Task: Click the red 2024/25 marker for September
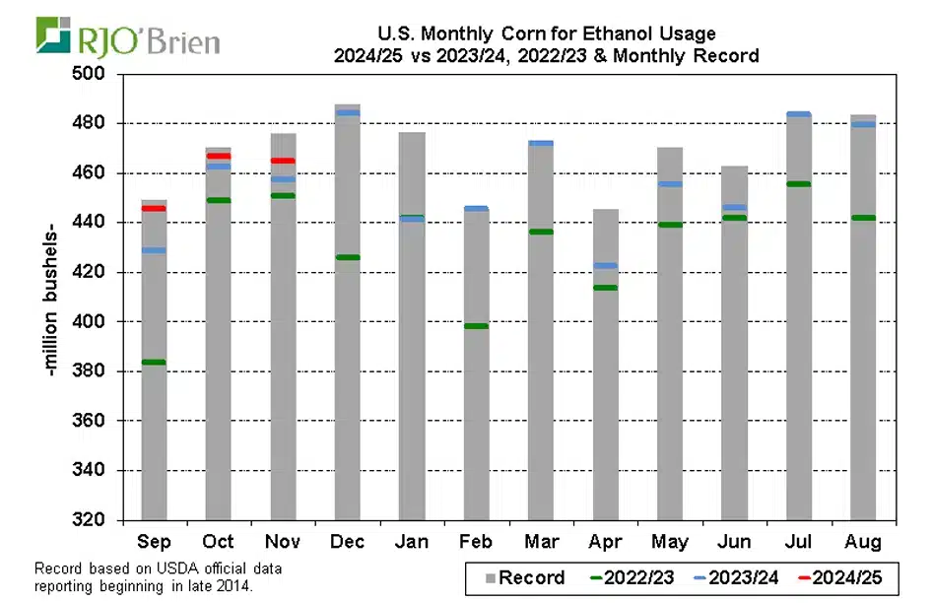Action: click(154, 208)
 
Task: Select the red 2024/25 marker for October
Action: click(219, 156)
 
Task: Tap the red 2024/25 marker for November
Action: click(283, 161)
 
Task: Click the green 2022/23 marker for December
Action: click(347, 257)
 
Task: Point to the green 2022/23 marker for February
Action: click(476, 325)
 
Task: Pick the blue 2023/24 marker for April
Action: click(605, 265)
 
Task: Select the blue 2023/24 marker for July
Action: click(798, 114)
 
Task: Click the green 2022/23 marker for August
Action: click(863, 218)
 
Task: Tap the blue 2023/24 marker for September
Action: click(154, 250)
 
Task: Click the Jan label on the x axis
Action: click(412, 542)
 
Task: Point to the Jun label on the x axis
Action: click(734, 542)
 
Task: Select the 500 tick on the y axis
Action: click(100, 74)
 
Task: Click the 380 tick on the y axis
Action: click(100, 371)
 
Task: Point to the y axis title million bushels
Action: click(48, 296)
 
